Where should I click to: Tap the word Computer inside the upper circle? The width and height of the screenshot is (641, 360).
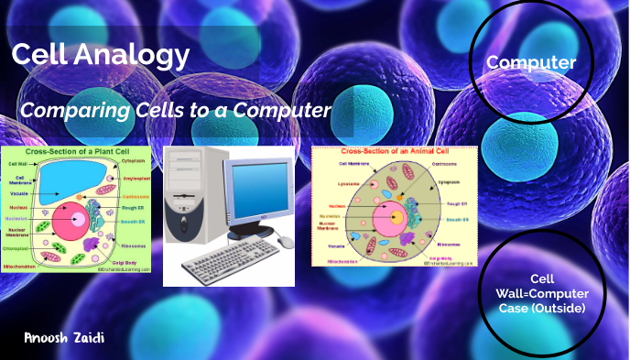531,62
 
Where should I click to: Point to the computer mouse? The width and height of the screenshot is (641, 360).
285,241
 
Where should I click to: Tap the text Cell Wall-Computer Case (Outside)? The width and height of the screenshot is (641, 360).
544,293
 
